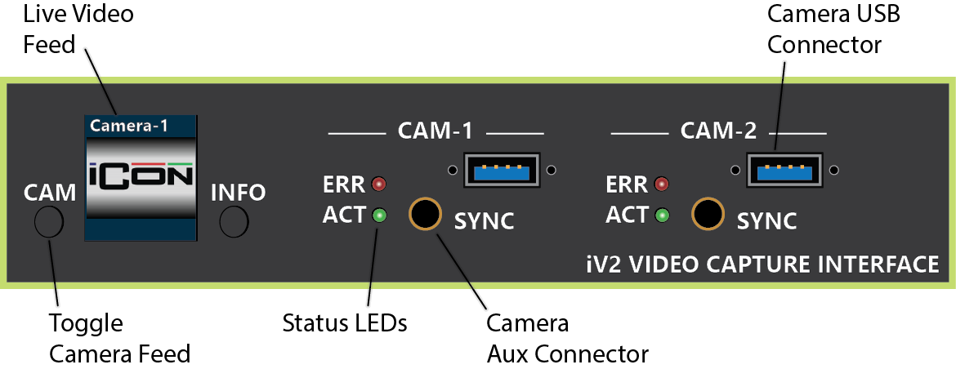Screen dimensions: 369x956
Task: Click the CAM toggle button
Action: click(x=49, y=221)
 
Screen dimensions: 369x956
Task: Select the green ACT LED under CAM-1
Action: click(x=379, y=216)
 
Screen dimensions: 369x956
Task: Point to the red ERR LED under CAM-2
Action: click(x=662, y=183)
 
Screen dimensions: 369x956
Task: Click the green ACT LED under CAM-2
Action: click(x=662, y=216)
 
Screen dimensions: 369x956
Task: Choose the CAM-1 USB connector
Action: click(x=501, y=170)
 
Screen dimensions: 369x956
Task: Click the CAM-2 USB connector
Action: click(x=784, y=170)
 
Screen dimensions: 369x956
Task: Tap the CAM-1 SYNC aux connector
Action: click(x=425, y=214)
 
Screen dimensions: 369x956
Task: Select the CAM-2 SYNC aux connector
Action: click(x=708, y=214)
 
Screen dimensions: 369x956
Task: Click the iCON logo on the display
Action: click(x=141, y=176)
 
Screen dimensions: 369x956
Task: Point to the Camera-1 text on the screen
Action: click(x=128, y=126)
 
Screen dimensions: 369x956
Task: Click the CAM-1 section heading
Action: click(x=436, y=131)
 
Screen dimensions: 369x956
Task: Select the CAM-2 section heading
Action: click(x=718, y=131)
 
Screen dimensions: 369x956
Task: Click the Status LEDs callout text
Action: click(x=344, y=322)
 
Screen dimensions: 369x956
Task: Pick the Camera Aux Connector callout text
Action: click(x=567, y=338)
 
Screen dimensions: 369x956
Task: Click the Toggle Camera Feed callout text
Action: click(x=119, y=338)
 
